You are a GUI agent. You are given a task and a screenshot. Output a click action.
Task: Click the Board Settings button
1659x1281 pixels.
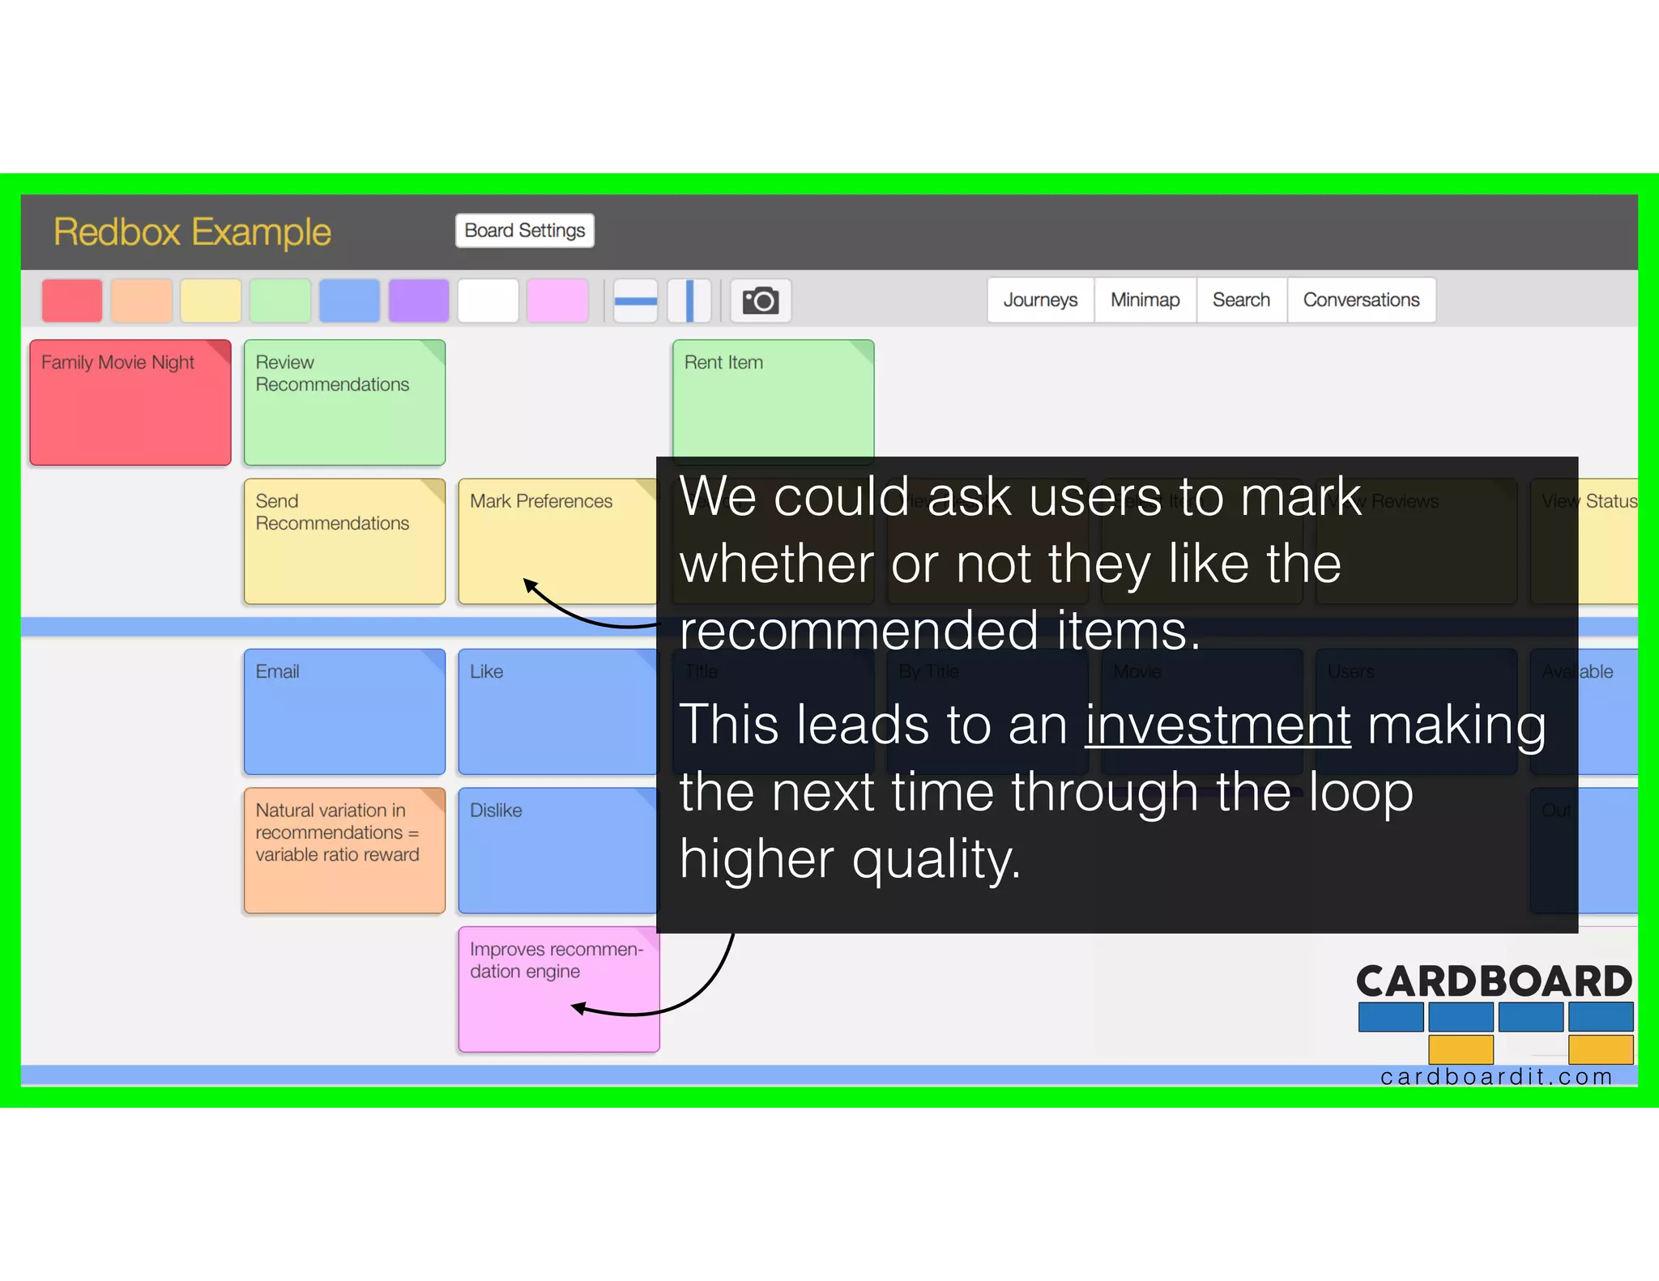click(524, 231)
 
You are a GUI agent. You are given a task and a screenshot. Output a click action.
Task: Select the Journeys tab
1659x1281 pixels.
click(1040, 300)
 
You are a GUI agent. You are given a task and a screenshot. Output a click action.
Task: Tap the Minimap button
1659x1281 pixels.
click(1145, 300)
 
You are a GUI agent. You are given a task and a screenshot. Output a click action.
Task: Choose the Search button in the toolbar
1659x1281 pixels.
click(1241, 300)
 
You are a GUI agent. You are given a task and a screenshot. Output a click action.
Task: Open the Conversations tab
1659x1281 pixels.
click(1361, 300)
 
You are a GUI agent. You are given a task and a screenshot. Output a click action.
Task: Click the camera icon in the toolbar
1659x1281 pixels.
click(761, 301)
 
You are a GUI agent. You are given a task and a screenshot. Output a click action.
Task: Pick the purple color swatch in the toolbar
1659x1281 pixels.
click(419, 301)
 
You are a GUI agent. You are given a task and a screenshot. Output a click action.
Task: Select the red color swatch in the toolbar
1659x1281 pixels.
click(72, 301)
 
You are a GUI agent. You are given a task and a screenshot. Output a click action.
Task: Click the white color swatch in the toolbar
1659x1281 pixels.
click(488, 301)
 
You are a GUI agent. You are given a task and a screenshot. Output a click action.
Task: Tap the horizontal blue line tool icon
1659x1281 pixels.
click(635, 301)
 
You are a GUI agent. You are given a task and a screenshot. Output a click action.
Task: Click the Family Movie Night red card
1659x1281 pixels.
click(130, 402)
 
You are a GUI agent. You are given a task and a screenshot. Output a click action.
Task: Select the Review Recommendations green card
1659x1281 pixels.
click(344, 402)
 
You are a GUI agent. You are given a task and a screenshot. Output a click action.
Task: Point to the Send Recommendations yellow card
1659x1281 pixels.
click(344, 541)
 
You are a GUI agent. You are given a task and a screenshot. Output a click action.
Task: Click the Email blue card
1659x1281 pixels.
click(344, 712)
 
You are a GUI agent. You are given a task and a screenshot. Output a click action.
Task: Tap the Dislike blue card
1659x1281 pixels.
click(557, 850)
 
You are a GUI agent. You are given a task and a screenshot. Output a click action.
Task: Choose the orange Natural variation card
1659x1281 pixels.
click(344, 850)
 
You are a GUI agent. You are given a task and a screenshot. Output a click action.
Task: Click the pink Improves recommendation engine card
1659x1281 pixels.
click(558, 989)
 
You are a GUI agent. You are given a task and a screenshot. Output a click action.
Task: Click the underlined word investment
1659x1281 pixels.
click(1218, 725)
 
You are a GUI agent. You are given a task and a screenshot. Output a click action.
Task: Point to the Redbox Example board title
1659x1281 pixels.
click(192, 232)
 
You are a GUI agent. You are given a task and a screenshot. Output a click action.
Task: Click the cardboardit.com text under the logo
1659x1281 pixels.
click(1495, 1077)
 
